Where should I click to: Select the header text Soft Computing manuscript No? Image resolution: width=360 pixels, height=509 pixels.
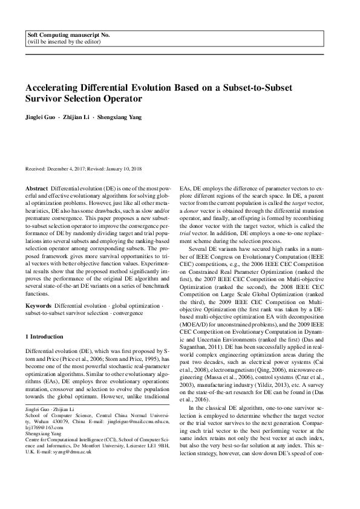click(x=69, y=36)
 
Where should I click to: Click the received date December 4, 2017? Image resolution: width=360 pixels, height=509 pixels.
click(x=70, y=169)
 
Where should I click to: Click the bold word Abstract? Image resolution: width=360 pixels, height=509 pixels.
click(x=38, y=189)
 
